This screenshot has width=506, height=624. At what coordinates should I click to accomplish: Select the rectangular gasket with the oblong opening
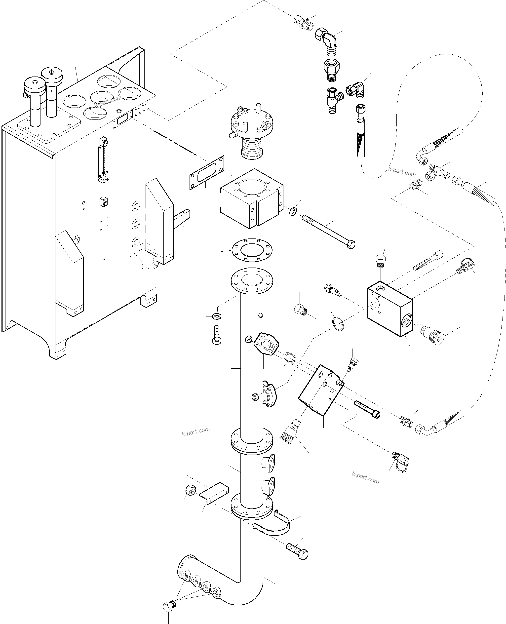[207, 173]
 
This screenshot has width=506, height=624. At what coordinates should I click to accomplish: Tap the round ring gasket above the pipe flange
[252, 250]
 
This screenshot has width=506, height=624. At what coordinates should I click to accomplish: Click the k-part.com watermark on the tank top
[108, 101]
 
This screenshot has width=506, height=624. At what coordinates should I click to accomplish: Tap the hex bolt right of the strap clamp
[297, 550]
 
